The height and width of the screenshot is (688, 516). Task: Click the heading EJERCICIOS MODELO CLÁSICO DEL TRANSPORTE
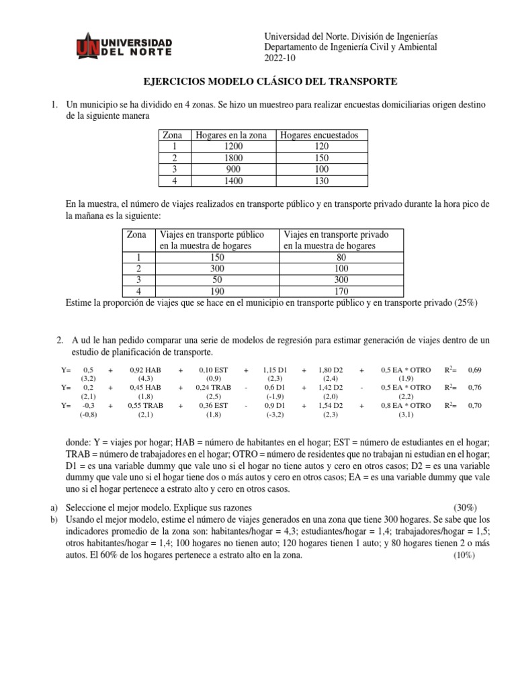271,81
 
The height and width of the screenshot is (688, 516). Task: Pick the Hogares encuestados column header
319,135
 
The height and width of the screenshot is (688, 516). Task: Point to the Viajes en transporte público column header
210,240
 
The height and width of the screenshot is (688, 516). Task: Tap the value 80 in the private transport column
343,256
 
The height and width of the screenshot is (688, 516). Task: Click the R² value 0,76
475,388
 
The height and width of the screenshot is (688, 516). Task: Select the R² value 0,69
475,370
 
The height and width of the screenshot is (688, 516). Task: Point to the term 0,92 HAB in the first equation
146,370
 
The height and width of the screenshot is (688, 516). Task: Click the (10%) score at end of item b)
463,556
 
